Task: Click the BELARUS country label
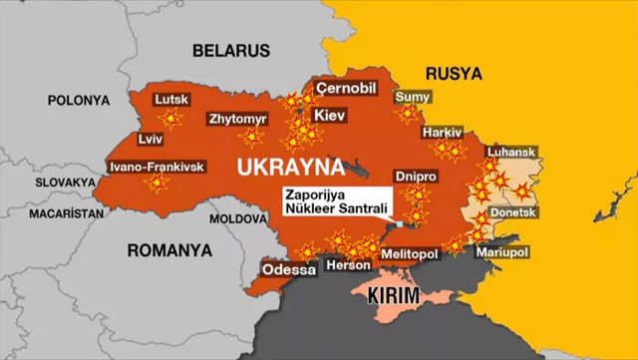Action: tap(231, 50)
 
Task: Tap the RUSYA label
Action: tap(453, 74)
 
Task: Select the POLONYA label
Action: tap(77, 101)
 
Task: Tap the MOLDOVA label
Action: tap(234, 217)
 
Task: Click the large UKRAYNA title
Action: tap(289, 165)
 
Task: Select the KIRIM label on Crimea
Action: tap(394, 296)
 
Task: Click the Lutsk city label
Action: tap(171, 99)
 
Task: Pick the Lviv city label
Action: tap(124, 139)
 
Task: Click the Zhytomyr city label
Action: tap(237, 119)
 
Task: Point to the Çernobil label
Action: tap(346, 89)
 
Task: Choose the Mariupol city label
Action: tap(500, 253)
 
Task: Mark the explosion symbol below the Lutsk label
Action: tap(171, 120)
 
